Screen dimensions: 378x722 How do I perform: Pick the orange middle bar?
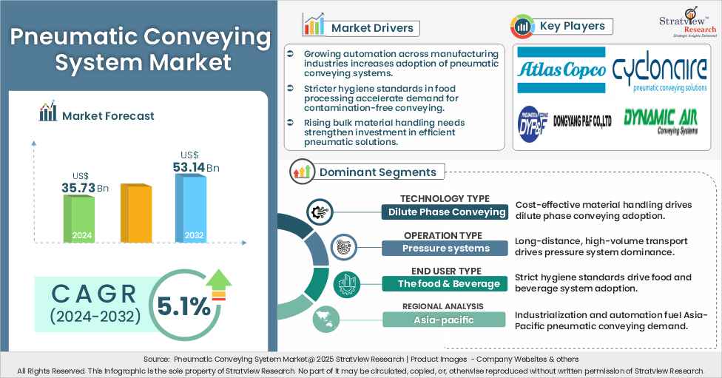coord(135,214)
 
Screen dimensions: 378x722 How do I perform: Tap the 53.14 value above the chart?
coord(189,168)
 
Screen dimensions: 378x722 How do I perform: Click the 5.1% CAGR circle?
coord(181,306)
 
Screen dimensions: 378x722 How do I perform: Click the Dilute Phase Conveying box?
coord(446,212)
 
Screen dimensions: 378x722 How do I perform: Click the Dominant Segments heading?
coord(377,172)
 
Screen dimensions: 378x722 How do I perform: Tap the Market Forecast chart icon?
coord(48,113)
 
